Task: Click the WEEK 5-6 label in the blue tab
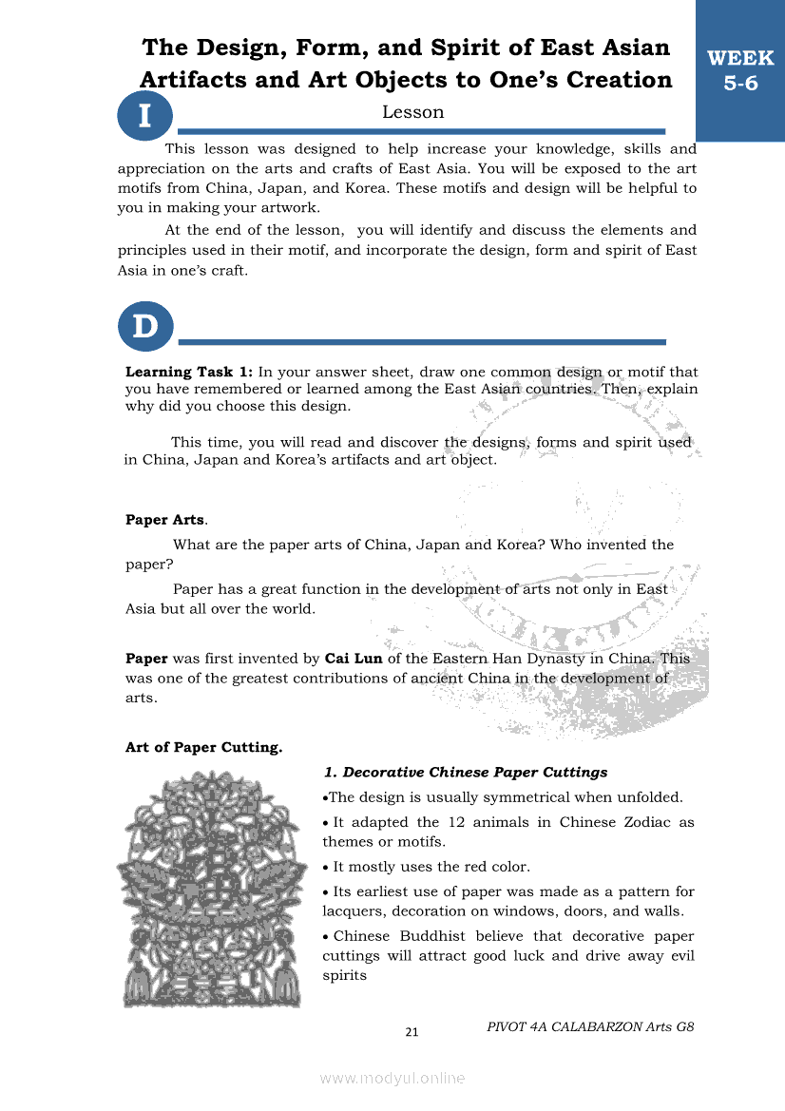pyautogui.click(x=740, y=70)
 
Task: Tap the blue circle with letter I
pyautogui.click(x=144, y=116)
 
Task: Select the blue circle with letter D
pyautogui.click(x=144, y=327)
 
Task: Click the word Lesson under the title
pyautogui.click(x=412, y=112)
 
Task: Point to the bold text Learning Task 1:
pyautogui.click(x=189, y=373)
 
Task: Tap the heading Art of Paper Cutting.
pyautogui.click(x=203, y=747)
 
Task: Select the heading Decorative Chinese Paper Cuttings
pyautogui.click(x=465, y=772)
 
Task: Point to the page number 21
pyautogui.click(x=412, y=1032)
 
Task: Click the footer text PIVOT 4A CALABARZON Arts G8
pyautogui.click(x=590, y=1026)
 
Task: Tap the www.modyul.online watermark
pyautogui.click(x=392, y=1078)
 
